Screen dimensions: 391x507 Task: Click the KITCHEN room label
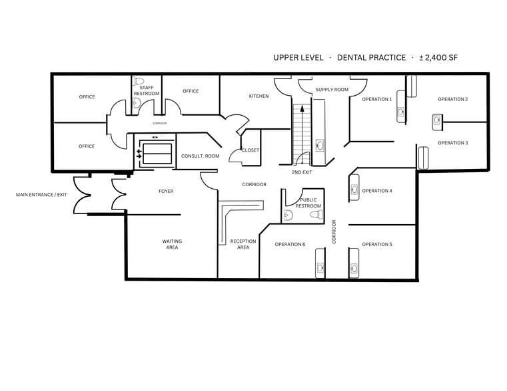point(258,96)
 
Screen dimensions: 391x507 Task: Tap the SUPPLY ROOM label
point(332,90)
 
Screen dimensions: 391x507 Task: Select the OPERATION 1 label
point(376,99)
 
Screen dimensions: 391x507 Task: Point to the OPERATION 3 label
point(452,143)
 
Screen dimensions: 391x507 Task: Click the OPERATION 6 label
point(290,244)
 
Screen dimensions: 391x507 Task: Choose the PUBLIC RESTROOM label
point(308,203)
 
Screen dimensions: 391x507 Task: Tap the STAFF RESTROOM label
point(147,90)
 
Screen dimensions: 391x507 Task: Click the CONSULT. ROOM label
point(200,156)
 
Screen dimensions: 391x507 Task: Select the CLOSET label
point(251,150)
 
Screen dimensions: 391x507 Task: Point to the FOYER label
point(166,192)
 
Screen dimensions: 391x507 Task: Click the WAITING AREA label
point(172,244)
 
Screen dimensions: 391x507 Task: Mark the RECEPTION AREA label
point(243,244)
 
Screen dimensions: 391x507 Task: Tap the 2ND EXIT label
point(302,172)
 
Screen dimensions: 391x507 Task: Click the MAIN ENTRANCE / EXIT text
point(41,195)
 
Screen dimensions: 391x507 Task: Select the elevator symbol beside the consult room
point(155,150)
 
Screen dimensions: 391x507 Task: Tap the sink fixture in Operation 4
point(354,189)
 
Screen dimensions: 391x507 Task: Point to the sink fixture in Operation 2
point(437,120)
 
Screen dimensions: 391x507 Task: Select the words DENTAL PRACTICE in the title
point(371,58)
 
